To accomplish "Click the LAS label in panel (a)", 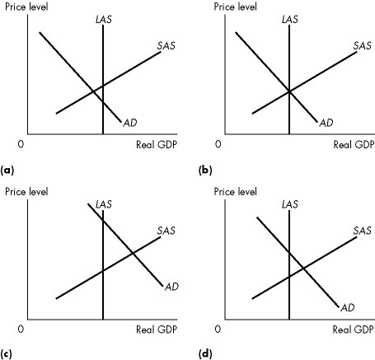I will pos(103,18).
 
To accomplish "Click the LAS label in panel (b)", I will pos(289,18).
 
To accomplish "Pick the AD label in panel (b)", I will pos(326,123).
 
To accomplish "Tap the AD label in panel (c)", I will pos(171,287).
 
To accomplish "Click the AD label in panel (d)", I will pos(348,307).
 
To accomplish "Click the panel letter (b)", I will pos(205,169).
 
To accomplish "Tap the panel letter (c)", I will pos(7,354).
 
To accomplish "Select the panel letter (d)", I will pos(205,354).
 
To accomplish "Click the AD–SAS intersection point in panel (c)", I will pos(132,251).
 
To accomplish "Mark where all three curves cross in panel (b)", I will pos(289,91).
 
